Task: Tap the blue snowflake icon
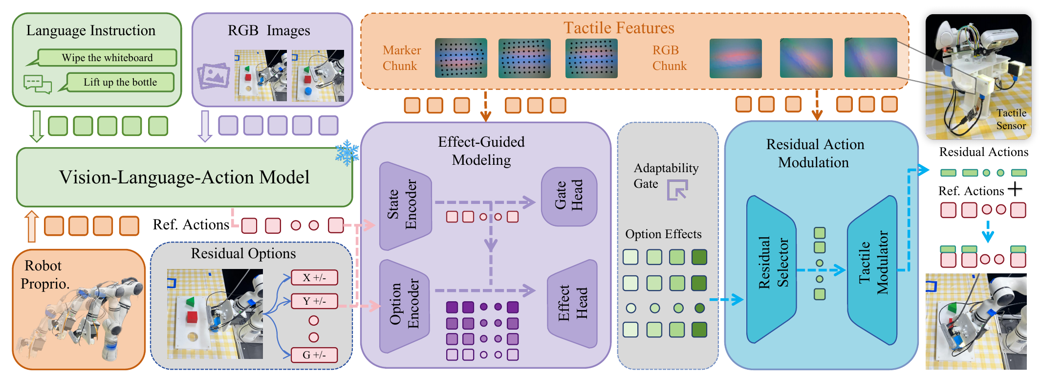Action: (347, 153)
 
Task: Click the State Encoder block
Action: (405, 205)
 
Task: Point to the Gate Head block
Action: (569, 197)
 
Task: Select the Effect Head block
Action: (572, 303)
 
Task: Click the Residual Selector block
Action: (771, 269)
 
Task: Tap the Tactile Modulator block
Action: (873, 270)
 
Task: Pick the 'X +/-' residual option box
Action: (314, 277)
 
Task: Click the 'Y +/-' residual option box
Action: (314, 301)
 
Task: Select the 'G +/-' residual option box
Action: (314, 355)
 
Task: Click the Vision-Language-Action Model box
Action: (184, 177)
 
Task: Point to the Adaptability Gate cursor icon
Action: (678, 189)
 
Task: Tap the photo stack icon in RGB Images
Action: (214, 76)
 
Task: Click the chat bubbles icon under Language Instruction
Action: (38, 84)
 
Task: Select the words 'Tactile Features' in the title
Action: (619, 28)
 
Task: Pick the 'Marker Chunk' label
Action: (401, 58)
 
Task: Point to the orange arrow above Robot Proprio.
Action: (32, 226)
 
